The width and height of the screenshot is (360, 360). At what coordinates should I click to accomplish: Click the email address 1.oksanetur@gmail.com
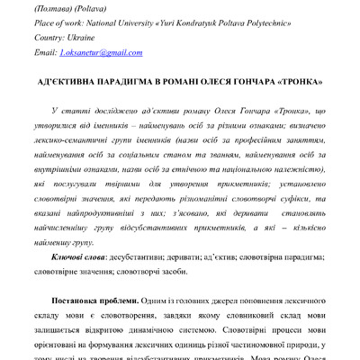tap(101, 54)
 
